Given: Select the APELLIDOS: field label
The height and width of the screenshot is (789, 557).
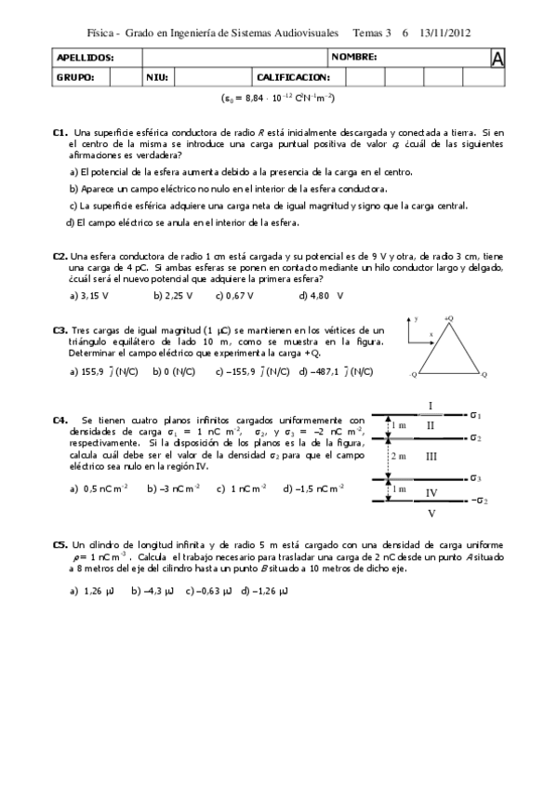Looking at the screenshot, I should pyautogui.click(x=85, y=58).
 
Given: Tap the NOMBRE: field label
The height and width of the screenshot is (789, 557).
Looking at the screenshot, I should pyautogui.click(x=354, y=58).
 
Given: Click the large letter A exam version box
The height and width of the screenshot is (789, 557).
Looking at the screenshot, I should pyautogui.click(x=497, y=59).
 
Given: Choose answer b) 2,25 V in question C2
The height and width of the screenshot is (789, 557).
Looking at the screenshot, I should pyautogui.click(x=172, y=296).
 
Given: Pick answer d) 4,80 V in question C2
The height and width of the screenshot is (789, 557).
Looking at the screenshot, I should pyautogui.click(x=321, y=296).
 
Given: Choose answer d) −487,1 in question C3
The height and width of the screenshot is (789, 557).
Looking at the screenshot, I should pyautogui.click(x=335, y=370).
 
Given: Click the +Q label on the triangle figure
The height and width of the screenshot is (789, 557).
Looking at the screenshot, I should pyautogui.click(x=448, y=318).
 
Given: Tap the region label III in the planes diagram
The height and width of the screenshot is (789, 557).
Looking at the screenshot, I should pyautogui.click(x=431, y=457).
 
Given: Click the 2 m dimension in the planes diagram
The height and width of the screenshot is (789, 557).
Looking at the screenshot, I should pyautogui.click(x=398, y=457).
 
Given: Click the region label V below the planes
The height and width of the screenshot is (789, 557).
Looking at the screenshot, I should pyautogui.click(x=431, y=513).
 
